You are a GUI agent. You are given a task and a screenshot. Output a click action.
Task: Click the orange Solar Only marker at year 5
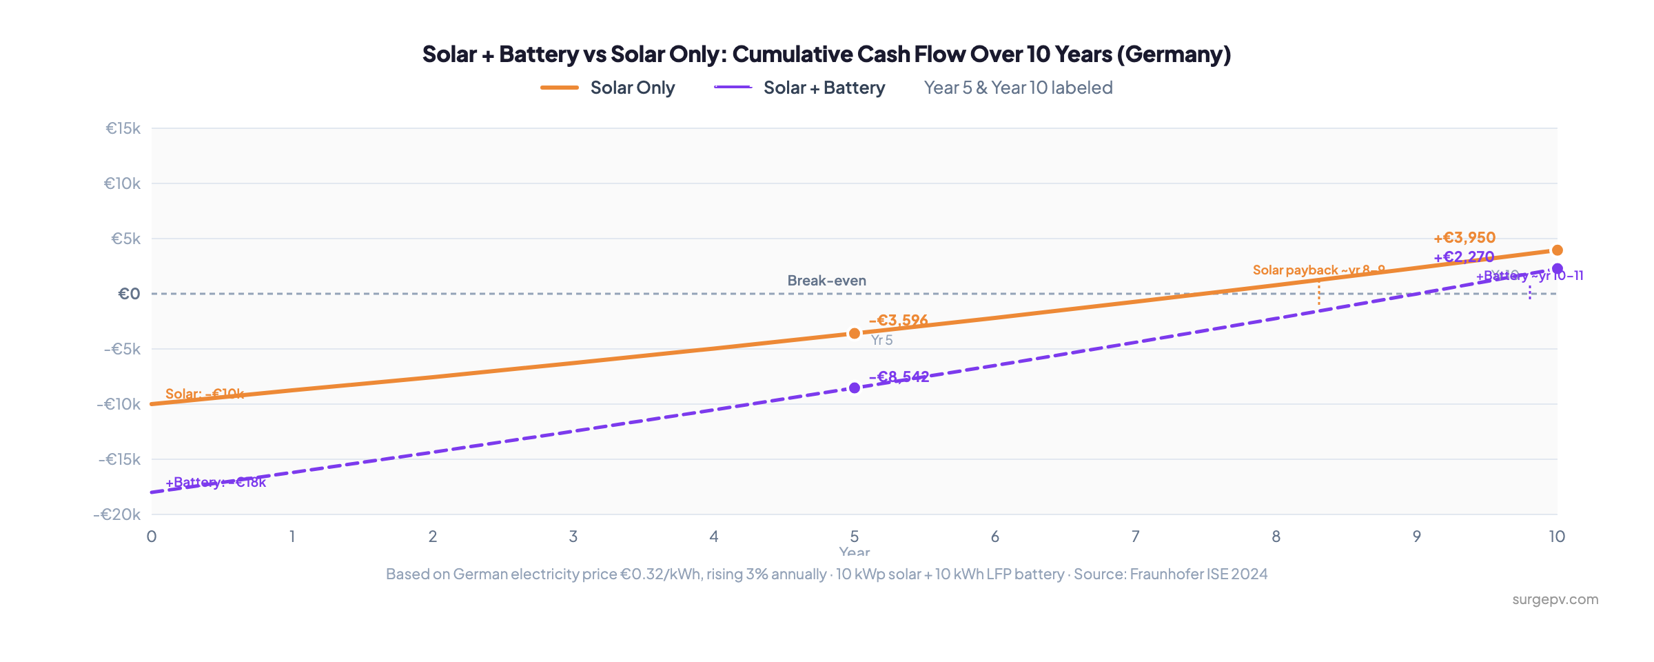click(855, 333)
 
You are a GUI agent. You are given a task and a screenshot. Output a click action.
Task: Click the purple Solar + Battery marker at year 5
click(855, 388)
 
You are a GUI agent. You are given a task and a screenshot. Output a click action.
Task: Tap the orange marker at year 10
click(1557, 250)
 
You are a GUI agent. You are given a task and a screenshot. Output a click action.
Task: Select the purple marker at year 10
click(1557, 268)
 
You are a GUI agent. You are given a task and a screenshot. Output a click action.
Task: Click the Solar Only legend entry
click(608, 88)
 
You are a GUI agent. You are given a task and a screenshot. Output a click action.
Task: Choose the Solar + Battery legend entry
click(800, 88)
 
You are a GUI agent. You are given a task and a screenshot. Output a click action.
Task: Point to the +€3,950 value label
click(1464, 237)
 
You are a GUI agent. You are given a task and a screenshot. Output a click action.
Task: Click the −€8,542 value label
click(899, 377)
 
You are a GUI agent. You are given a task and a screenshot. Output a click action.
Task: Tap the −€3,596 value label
click(898, 320)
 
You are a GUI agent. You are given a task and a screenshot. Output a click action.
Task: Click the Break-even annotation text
click(826, 281)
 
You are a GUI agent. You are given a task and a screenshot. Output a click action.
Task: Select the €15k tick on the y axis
click(123, 128)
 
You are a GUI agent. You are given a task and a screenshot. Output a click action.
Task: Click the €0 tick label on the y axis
click(129, 294)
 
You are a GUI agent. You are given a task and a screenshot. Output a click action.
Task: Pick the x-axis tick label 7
click(1135, 536)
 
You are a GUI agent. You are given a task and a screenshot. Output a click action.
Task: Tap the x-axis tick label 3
click(573, 536)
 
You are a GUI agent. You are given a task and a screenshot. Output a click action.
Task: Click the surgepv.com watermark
click(1555, 599)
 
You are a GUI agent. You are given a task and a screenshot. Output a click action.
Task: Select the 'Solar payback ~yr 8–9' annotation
click(1318, 270)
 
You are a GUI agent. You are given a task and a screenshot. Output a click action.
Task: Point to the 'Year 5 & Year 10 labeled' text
click(1018, 88)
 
